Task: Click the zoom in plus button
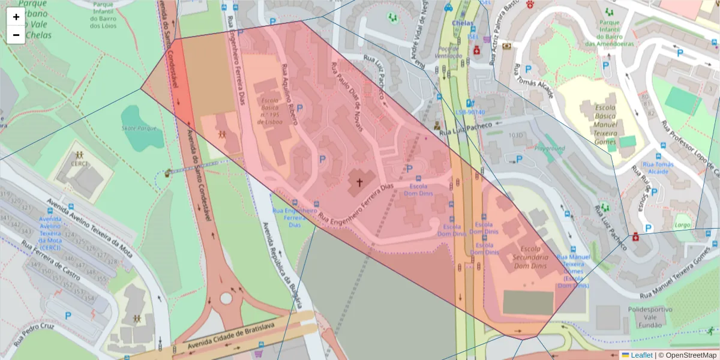tap(16, 17)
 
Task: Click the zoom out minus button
tap(16, 35)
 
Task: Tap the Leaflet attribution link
tap(641, 355)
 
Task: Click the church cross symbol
tap(360, 181)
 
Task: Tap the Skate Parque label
tap(139, 128)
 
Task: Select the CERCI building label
tap(79, 163)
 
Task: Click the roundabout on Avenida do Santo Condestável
tap(226, 298)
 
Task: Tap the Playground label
tap(550, 148)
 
